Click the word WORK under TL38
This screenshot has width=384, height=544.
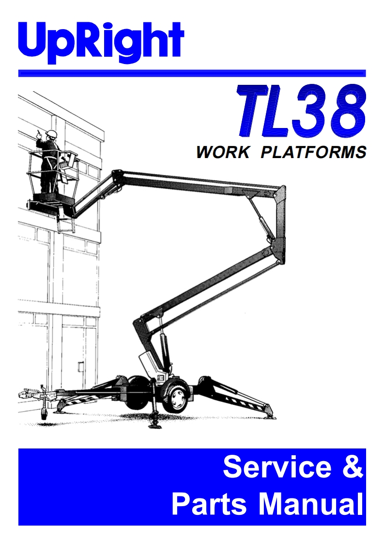(x=222, y=152)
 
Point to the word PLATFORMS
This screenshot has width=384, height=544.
(x=313, y=152)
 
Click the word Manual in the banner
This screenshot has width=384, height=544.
(x=310, y=504)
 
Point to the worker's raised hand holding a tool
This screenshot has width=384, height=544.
(x=40, y=135)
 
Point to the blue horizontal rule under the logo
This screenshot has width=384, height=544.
(x=192, y=73)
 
